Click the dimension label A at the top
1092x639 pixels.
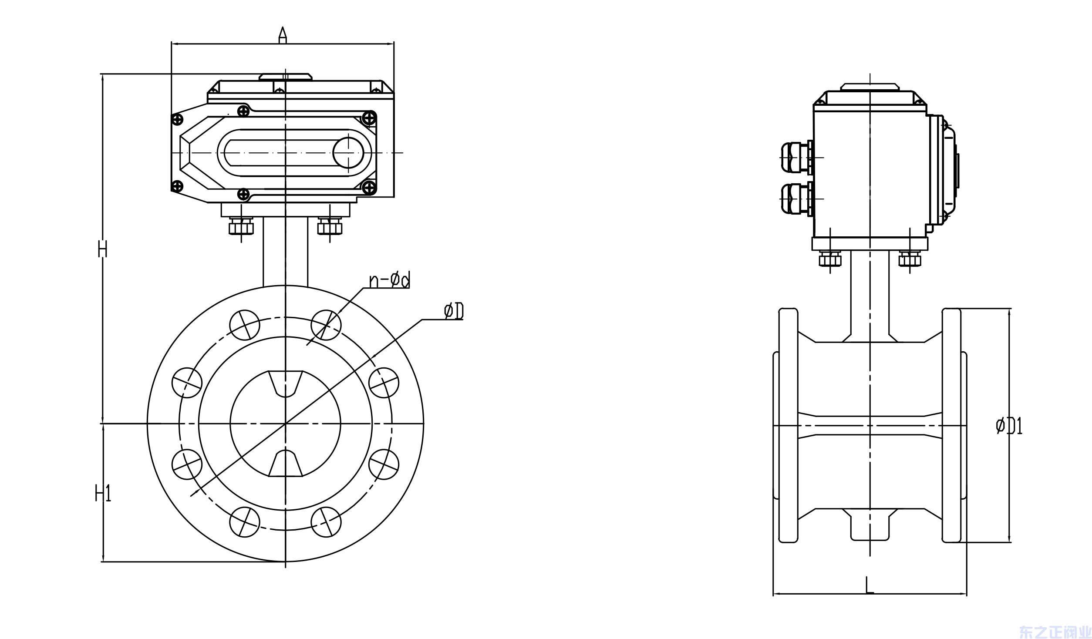283,34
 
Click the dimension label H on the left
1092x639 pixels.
102,249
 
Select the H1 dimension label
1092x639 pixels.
103,494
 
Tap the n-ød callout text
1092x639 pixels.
389,281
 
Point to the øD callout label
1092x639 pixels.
453,312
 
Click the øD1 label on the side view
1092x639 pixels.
1009,426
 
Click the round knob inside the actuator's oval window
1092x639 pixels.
348,152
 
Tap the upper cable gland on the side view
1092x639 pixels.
796,157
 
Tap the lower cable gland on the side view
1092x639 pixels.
796,199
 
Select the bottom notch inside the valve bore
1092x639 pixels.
285,464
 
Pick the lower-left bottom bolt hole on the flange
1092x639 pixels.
244,521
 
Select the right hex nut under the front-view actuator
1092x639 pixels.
330,227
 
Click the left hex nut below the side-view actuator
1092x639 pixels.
830,260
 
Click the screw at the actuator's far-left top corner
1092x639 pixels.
177,119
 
